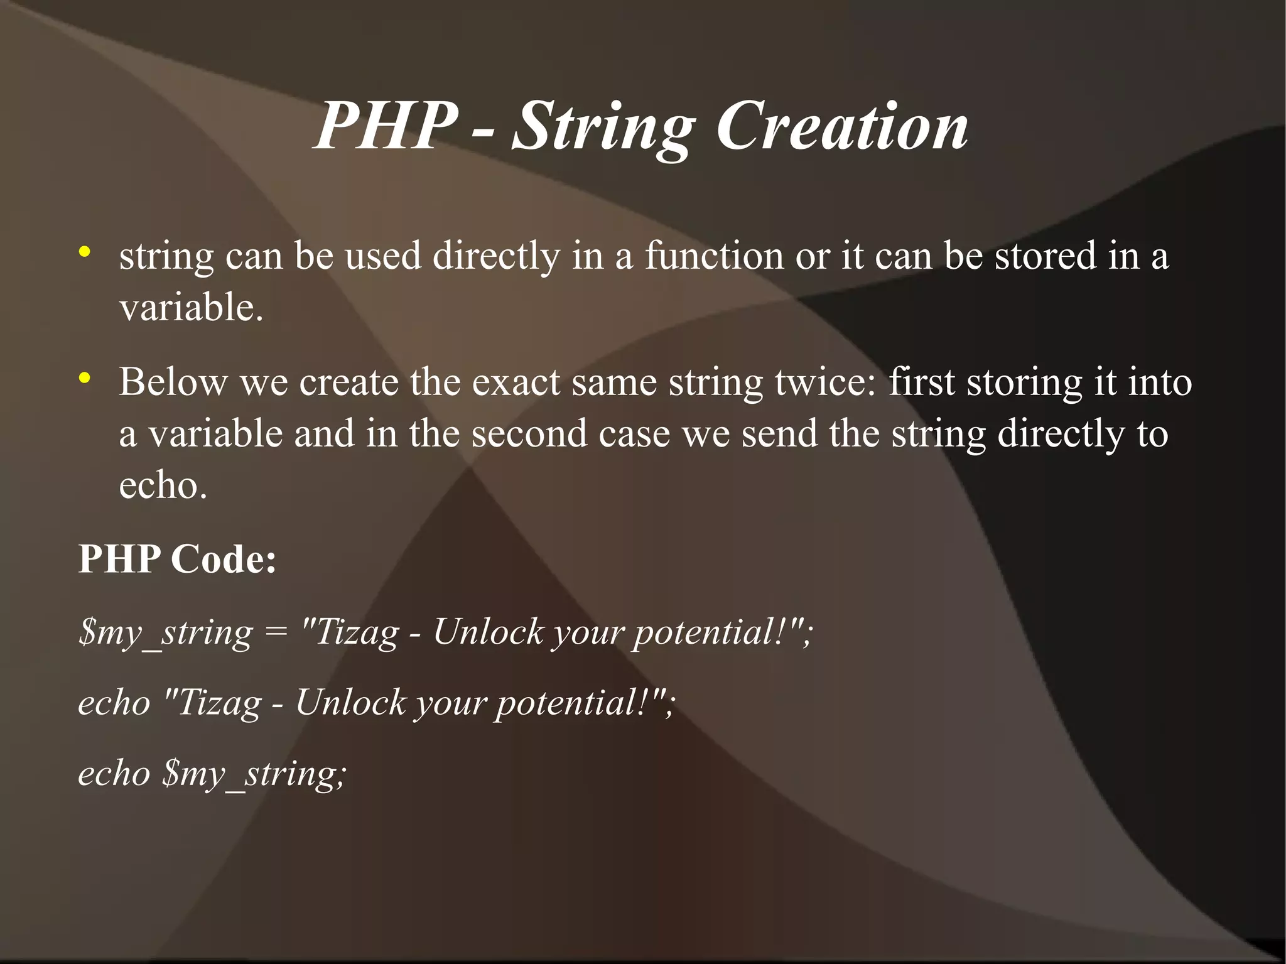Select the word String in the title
[603, 129]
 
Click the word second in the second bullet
[529, 434]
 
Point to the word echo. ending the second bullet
[163, 485]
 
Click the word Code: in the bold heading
[224, 559]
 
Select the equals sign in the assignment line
[276, 632]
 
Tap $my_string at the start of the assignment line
[165, 633]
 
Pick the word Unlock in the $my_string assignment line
[489, 632]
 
